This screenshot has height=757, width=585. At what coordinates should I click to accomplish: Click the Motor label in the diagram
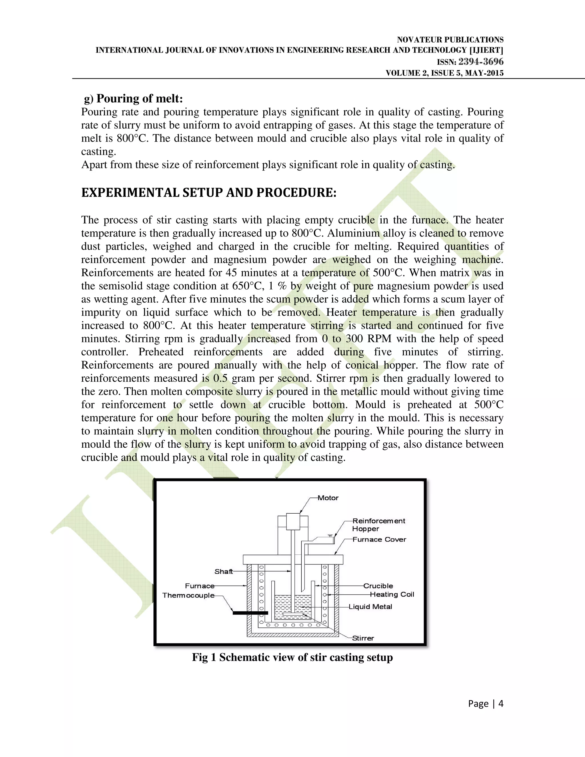pyautogui.click(x=328, y=498)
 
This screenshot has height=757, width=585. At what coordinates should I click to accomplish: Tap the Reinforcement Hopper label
pyautogui.click(x=378, y=525)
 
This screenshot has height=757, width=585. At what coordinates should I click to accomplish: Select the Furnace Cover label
pyautogui.click(x=379, y=539)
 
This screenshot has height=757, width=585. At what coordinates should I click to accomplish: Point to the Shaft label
pyautogui.click(x=224, y=572)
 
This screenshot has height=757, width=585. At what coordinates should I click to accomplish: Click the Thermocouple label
pyautogui.click(x=188, y=596)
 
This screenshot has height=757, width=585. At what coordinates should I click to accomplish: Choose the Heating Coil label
pyautogui.click(x=392, y=594)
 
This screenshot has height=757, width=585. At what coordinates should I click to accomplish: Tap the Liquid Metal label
pyautogui.click(x=370, y=606)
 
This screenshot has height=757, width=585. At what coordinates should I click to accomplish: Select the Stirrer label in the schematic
pyautogui.click(x=363, y=638)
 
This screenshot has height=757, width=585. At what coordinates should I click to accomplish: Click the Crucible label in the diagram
pyautogui.click(x=378, y=586)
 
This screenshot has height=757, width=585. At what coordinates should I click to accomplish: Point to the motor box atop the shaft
pyautogui.click(x=293, y=522)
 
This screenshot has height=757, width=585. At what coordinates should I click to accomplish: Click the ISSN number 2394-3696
pyautogui.click(x=481, y=62)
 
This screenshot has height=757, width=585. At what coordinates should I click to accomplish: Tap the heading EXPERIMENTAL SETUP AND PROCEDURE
pyautogui.click(x=209, y=192)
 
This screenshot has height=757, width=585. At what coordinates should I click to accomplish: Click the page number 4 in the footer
pyautogui.click(x=500, y=703)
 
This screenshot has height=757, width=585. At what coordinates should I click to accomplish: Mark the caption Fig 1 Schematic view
pyautogui.click(x=292, y=658)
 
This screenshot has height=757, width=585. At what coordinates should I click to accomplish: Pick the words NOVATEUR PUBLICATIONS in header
pyautogui.click(x=450, y=40)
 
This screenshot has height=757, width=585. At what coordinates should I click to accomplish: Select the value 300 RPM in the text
pyautogui.click(x=368, y=339)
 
